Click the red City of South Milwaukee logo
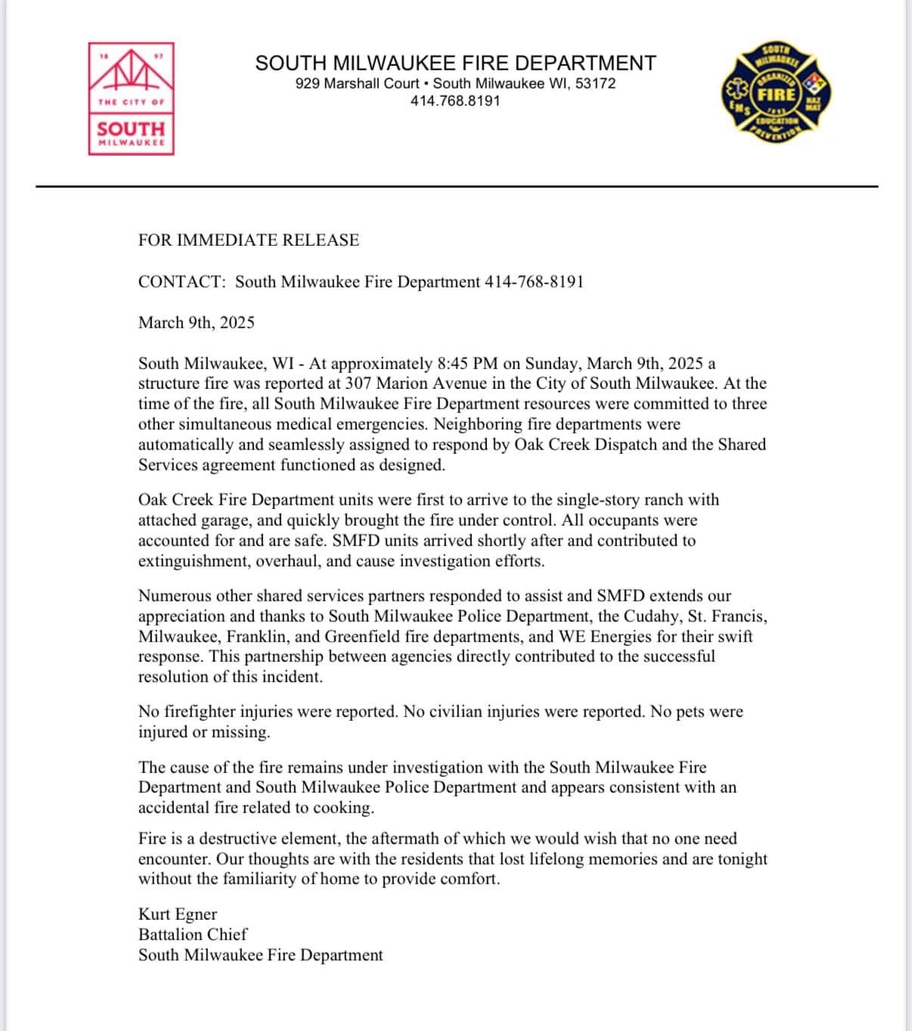tap(132, 99)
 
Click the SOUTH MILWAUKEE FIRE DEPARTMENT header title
tap(455, 63)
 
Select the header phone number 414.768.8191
tap(455, 101)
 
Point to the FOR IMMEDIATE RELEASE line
tap(248, 241)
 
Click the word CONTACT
tap(181, 282)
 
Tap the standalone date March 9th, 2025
tap(196, 323)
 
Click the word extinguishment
tap(193, 561)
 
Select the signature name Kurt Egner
tap(177, 915)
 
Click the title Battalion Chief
tap(192, 935)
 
